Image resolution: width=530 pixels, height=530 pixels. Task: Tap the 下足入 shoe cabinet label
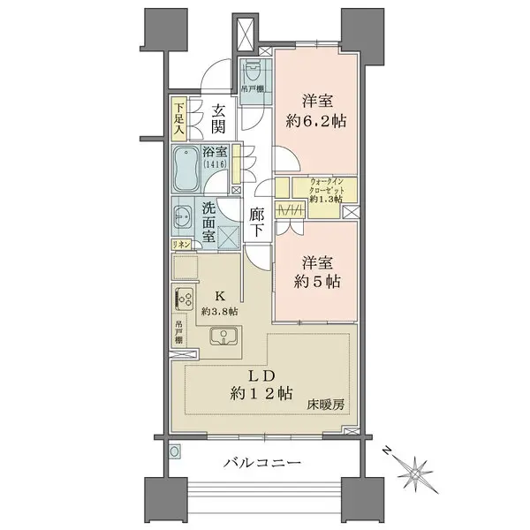178,119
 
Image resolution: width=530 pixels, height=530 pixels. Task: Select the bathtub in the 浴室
186,170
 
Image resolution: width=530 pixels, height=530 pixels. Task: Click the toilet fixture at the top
254,65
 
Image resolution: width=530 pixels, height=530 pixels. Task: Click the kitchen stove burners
185,300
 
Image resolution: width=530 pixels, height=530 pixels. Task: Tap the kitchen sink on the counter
225,336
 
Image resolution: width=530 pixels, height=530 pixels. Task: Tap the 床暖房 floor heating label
323,406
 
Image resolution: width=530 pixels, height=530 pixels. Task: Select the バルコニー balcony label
262,463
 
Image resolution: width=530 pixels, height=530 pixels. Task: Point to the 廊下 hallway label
257,222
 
